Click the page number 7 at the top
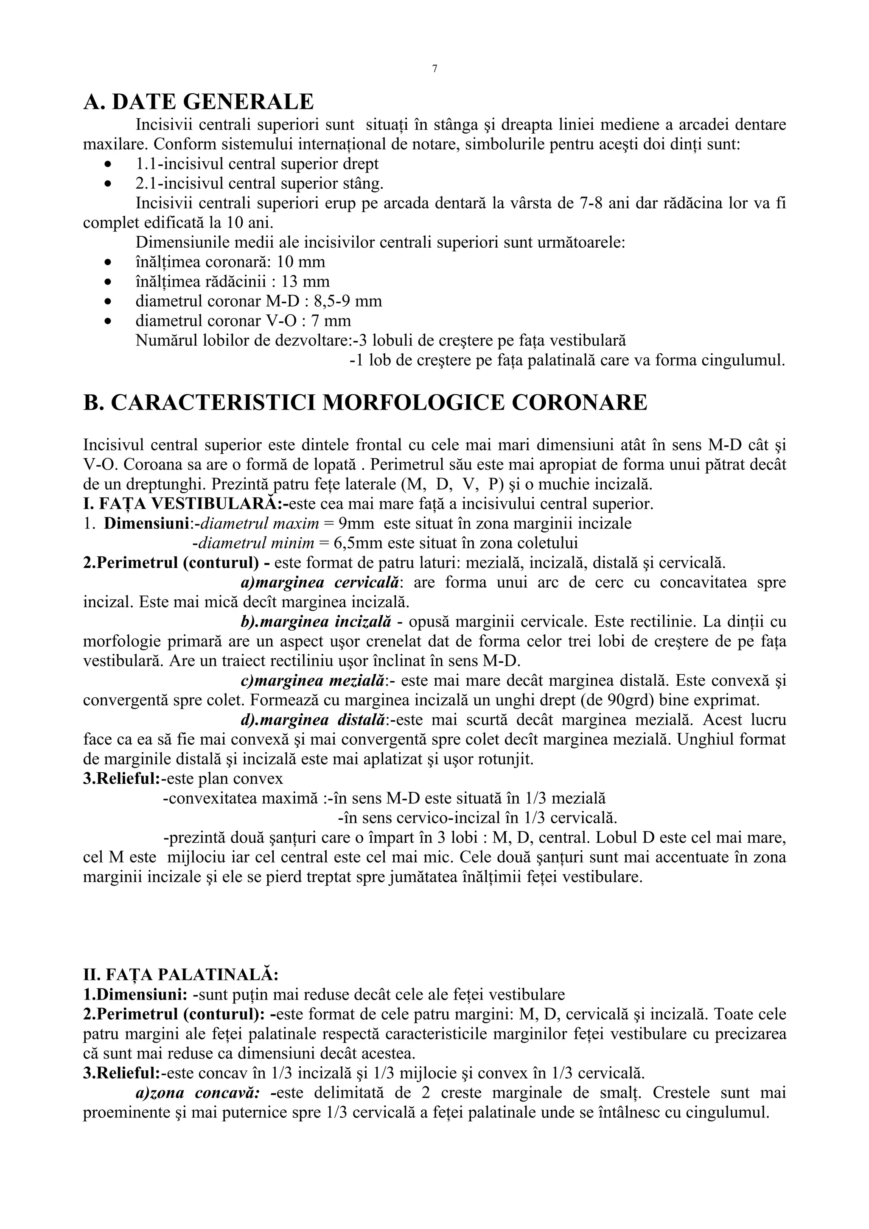coord(434,69)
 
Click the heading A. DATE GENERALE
coord(199,102)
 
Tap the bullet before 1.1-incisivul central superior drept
coord(109,164)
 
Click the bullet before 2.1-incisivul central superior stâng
coord(109,184)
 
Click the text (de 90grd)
coord(626,701)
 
